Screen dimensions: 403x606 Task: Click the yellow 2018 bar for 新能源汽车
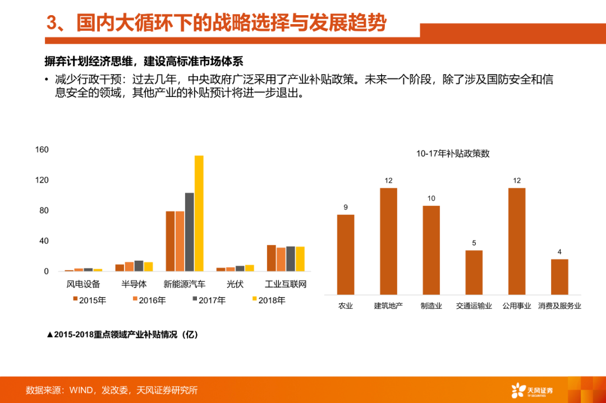click(x=199, y=214)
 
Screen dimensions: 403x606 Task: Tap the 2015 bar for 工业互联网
click(x=271, y=258)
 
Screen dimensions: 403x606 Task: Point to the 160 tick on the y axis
click(x=42, y=150)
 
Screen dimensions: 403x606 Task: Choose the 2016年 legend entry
click(x=149, y=300)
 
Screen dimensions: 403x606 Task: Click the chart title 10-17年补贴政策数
click(x=453, y=154)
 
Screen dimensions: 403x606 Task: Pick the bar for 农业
click(x=346, y=254)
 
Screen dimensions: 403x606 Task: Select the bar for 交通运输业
click(x=474, y=272)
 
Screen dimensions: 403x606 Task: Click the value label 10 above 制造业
click(x=431, y=198)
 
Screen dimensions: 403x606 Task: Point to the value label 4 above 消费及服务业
click(x=559, y=252)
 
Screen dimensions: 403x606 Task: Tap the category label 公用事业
click(x=517, y=306)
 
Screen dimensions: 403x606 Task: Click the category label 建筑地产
click(x=388, y=306)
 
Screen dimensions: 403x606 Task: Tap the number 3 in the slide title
click(x=52, y=23)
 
